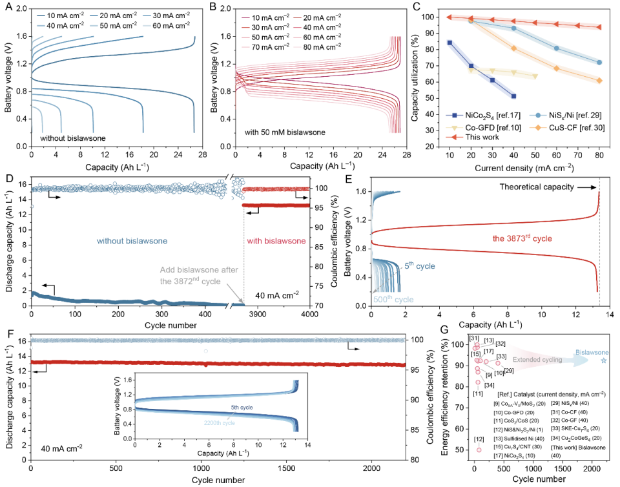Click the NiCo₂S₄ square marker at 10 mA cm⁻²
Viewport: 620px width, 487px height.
(x=449, y=43)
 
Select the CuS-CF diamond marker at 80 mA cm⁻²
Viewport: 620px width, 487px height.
(x=599, y=81)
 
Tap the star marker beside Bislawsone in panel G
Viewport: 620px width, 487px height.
(x=603, y=360)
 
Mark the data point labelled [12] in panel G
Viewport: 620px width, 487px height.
(x=479, y=450)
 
